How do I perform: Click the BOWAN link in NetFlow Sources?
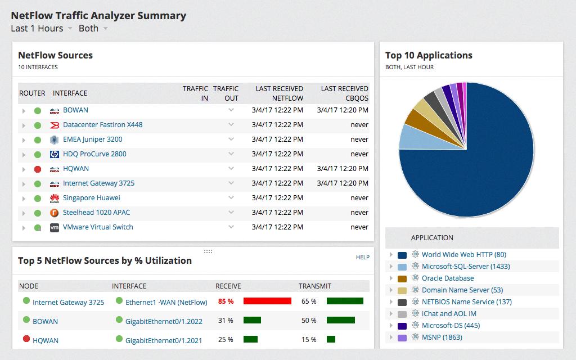point(75,110)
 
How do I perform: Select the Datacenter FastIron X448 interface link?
point(102,125)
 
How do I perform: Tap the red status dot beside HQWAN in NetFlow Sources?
point(38,169)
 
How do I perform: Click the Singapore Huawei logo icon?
point(55,198)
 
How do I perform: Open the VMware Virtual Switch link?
point(98,227)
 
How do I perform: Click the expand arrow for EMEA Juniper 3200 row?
point(24,140)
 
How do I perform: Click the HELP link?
point(363,257)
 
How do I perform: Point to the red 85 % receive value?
point(226,301)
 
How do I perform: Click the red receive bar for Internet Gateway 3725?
point(267,301)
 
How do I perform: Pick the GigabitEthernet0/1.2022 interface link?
point(164,321)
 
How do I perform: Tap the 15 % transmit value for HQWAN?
point(309,339)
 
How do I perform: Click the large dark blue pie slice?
point(472,169)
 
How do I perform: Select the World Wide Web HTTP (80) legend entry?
point(463,255)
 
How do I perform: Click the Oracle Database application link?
point(448,278)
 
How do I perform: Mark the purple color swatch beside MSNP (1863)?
point(402,337)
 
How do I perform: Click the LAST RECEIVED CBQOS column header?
point(344,93)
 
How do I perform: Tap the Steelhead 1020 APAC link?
point(96,213)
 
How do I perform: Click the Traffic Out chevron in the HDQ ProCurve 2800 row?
point(231,154)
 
